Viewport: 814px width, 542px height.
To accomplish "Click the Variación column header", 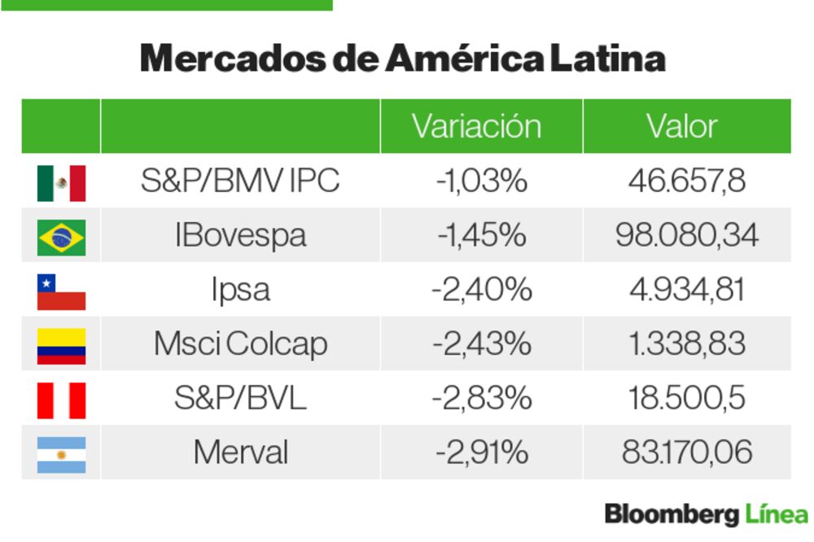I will pos(476,126).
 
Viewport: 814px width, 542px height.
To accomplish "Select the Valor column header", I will pos(681,126).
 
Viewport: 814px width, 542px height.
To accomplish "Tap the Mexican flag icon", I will pos(61,182).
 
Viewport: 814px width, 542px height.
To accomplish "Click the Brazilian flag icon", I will pos(61,237).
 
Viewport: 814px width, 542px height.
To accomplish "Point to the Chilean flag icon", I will pos(61,291).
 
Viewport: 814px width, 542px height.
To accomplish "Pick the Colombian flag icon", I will pos(61,345).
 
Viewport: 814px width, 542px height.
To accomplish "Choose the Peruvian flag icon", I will pos(61,400).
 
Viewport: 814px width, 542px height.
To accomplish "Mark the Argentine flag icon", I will pos(61,454).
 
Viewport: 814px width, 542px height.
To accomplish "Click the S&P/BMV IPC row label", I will pos(240,181).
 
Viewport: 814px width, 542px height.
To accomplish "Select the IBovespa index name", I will pos(240,235).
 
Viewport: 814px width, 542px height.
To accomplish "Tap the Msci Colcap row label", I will pos(240,343).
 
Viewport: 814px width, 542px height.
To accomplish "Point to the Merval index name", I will pos(240,452).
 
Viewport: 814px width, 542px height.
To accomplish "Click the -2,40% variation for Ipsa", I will pos(482,289).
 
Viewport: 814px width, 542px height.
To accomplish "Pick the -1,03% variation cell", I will pos(482,181).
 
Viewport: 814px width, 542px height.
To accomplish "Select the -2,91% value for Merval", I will pos(482,452).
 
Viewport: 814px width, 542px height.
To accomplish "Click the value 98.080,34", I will pos(686,235).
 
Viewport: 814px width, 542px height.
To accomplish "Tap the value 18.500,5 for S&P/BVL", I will pos(686,398).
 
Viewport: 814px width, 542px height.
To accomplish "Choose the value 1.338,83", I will pos(686,343).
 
